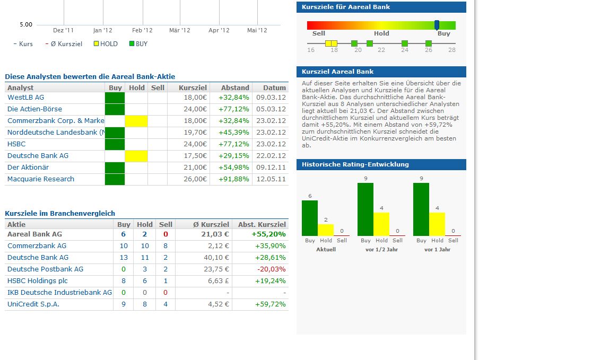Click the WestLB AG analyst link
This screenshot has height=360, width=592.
tap(25, 98)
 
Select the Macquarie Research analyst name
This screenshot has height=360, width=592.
tap(41, 179)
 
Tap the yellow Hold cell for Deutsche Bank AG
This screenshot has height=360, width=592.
tap(136, 156)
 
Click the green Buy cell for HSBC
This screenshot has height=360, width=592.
tap(115, 144)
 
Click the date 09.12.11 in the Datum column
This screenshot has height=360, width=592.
tap(271, 168)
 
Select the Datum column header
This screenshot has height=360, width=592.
tap(274, 88)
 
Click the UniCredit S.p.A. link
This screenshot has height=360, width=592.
tap(33, 304)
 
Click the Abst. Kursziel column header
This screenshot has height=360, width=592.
tap(262, 225)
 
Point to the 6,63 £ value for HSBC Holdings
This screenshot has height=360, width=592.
tap(217, 281)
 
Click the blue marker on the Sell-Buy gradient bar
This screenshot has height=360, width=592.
tap(437, 25)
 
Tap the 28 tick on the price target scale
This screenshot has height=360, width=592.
tap(451, 50)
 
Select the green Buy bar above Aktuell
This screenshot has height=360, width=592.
tap(310, 218)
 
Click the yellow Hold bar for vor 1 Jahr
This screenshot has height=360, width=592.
tap(437, 224)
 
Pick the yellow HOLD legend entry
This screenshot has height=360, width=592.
tap(106, 44)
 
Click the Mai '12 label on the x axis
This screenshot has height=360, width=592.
tap(257, 31)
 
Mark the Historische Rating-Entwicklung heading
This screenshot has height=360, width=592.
tap(355, 164)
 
